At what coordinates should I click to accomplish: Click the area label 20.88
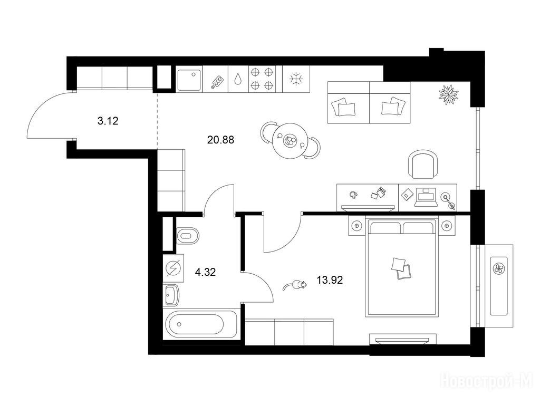click(221, 140)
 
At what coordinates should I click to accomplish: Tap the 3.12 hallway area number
click(108, 121)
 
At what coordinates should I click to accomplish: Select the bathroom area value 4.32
click(205, 273)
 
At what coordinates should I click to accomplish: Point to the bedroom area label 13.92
click(330, 281)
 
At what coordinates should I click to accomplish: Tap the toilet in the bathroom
click(188, 236)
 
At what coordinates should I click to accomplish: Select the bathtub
click(200, 324)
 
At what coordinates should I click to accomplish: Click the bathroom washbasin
click(171, 295)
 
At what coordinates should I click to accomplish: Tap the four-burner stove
click(262, 79)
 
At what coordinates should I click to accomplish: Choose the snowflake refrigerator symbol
click(295, 79)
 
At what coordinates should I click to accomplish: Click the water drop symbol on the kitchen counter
click(238, 79)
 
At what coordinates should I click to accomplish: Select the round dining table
click(290, 141)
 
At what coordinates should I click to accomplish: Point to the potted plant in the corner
click(449, 94)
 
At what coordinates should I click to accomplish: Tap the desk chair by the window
click(423, 165)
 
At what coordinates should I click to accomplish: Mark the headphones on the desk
click(353, 195)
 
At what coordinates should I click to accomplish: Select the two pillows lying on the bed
click(401, 268)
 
